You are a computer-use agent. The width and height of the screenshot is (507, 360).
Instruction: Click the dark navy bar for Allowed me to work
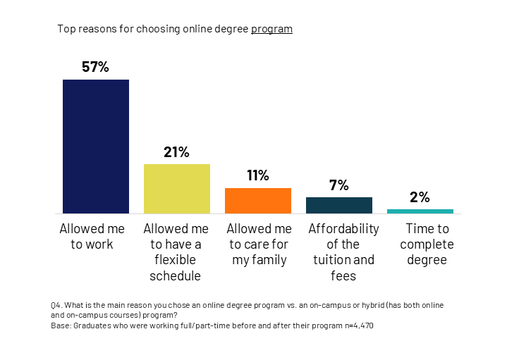coord(96,147)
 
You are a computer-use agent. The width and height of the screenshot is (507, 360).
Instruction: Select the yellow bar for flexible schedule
coord(177,189)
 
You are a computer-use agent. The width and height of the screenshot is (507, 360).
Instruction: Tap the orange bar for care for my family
coord(258,201)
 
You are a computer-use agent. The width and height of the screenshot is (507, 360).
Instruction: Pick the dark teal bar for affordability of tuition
coord(339,205)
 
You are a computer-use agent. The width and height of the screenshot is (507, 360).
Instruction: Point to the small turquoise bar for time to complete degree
coord(420,211)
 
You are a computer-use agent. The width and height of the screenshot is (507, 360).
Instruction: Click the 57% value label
coord(96,68)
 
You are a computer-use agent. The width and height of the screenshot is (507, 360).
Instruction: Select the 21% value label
coord(177,152)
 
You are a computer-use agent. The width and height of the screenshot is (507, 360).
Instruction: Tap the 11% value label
coord(258,176)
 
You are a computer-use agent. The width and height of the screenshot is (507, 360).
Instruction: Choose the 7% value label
coord(339,185)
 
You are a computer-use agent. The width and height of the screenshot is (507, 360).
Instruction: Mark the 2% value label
coord(420,197)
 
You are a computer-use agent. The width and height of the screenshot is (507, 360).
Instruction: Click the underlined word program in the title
coord(271,29)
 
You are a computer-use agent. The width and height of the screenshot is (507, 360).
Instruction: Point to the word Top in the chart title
coord(66,29)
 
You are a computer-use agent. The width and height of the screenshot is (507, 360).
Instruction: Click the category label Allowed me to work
coord(92,237)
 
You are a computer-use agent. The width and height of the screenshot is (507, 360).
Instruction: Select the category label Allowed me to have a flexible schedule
coord(176,252)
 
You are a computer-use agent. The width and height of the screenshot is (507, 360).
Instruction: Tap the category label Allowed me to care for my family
coord(259,244)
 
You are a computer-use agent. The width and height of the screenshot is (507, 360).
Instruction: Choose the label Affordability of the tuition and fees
coord(343,252)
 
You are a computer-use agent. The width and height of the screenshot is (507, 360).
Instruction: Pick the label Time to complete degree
coord(427,244)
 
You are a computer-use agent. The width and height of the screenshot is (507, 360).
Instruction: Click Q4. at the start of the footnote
coord(57,304)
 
